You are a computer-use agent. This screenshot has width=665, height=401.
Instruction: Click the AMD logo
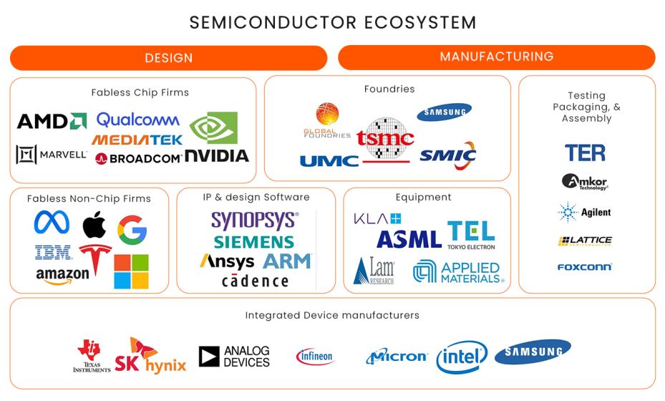(x=52, y=121)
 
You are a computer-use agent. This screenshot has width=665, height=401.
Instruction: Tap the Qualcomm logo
(x=137, y=120)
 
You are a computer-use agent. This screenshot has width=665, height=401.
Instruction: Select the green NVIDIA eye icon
(x=218, y=128)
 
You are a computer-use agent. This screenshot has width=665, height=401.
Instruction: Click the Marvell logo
(x=51, y=154)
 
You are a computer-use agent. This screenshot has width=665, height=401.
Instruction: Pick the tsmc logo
(x=385, y=139)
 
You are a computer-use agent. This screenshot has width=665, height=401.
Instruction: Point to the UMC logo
(x=329, y=160)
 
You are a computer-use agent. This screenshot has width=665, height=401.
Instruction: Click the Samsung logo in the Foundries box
(x=444, y=112)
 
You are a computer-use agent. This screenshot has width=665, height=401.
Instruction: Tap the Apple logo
(x=94, y=225)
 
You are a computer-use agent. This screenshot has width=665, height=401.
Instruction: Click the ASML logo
(x=409, y=239)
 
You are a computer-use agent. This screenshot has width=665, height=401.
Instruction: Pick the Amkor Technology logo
(x=585, y=182)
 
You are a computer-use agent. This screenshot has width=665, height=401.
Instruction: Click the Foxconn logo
(x=584, y=267)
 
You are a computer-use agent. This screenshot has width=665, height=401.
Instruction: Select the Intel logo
(x=462, y=357)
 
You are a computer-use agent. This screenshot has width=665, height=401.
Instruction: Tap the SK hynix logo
(x=150, y=355)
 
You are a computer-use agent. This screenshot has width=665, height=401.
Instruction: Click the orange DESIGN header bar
(x=168, y=58)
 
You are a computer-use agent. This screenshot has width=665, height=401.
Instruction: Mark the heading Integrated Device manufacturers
(x=332, y=315)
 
